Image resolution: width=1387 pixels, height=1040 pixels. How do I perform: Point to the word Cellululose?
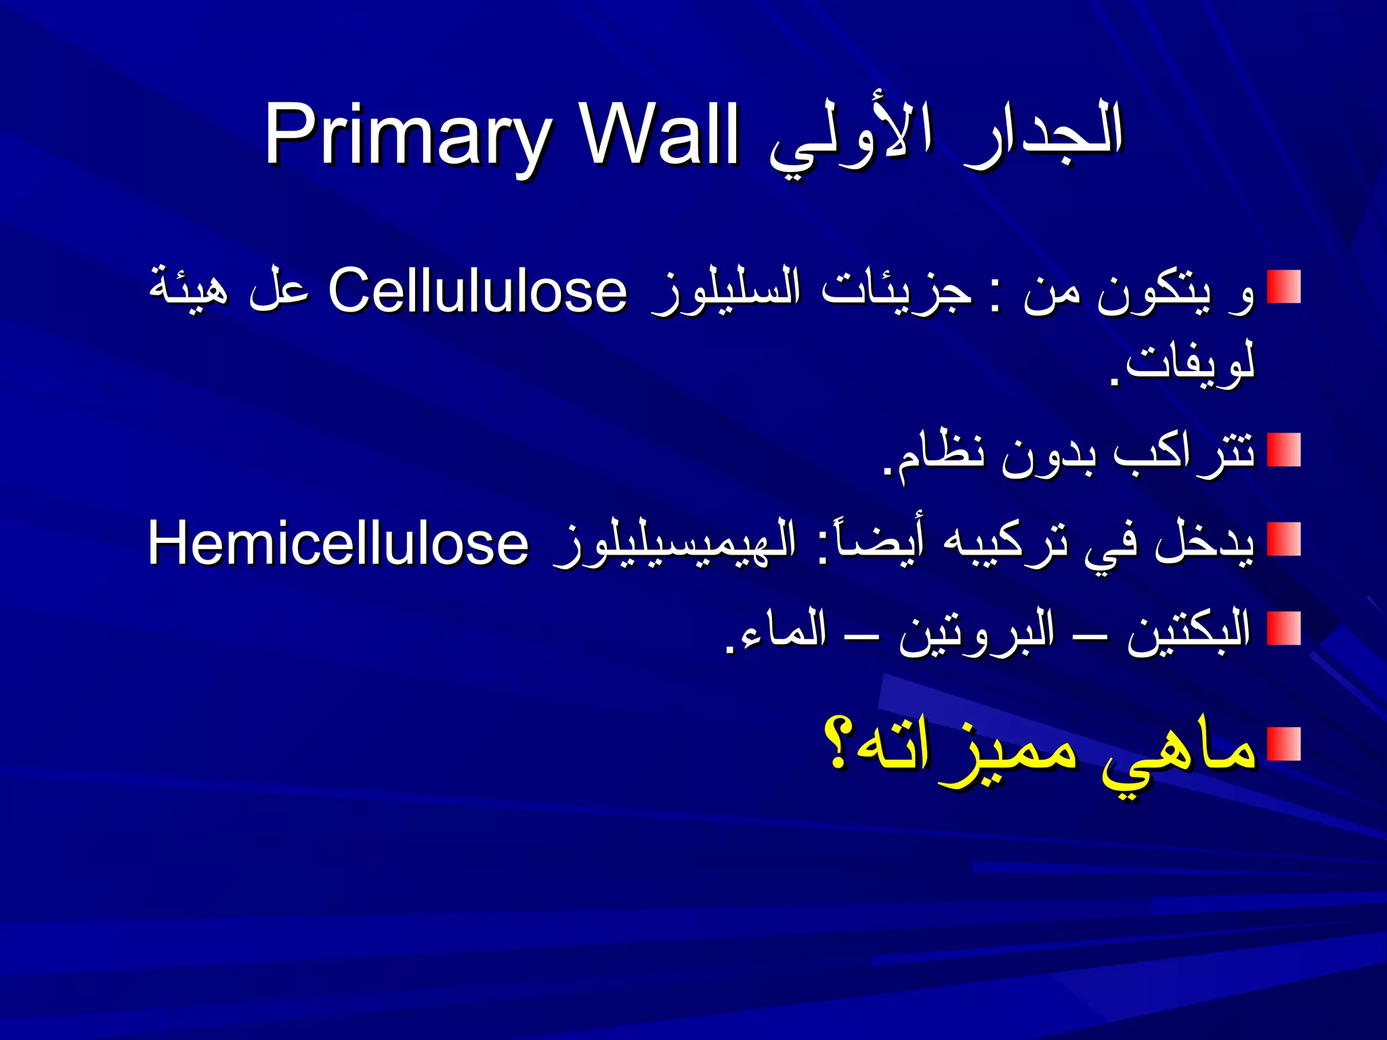[477, 291]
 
